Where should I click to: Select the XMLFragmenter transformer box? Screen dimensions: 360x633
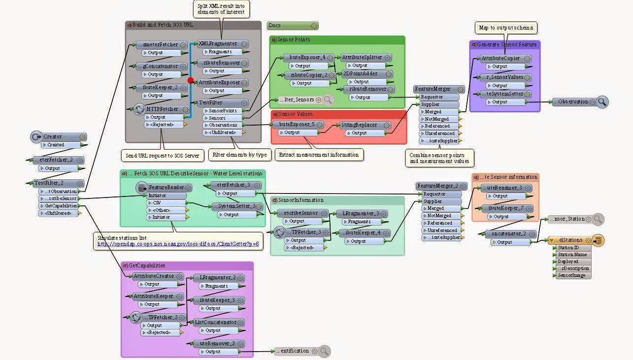(217, 44)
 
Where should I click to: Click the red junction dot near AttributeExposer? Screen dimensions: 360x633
(191, 80)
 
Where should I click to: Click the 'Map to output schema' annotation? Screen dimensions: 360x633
(505, 28)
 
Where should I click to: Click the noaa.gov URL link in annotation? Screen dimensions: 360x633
(178, 244)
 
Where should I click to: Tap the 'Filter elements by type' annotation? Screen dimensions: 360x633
(239, 155)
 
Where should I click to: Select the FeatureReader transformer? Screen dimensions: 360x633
(163, 188)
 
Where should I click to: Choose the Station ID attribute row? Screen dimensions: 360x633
(568, 248)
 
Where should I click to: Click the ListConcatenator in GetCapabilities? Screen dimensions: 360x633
(216, 323)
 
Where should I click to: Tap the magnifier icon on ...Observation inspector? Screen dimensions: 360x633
(602, 102)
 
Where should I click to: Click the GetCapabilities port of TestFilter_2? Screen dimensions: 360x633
(61, 206)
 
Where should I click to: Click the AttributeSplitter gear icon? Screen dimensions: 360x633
(388, 58)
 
